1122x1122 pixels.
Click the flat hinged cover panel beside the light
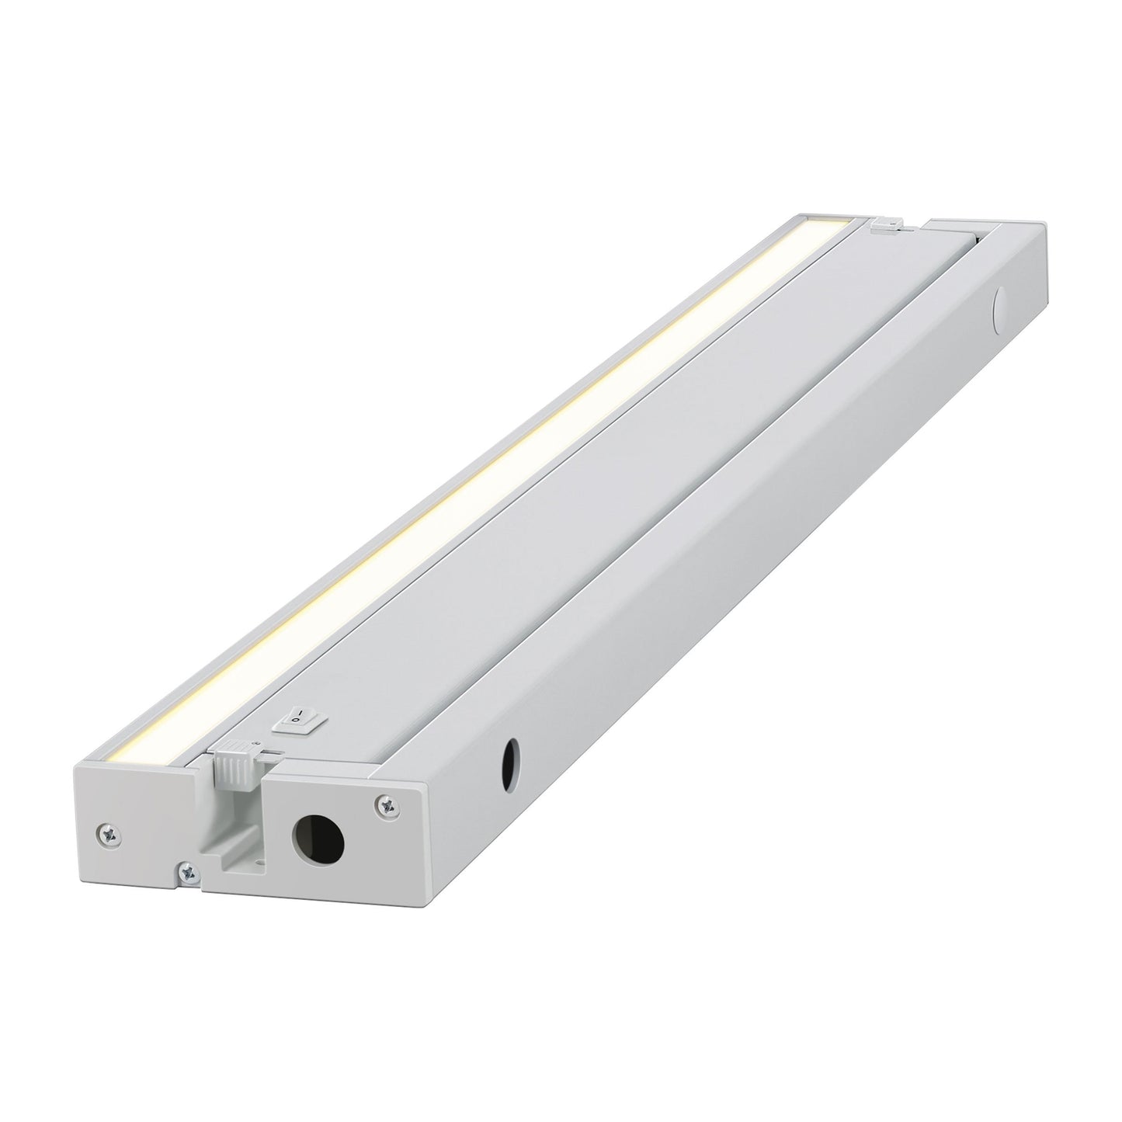click(x=559, y=435)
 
